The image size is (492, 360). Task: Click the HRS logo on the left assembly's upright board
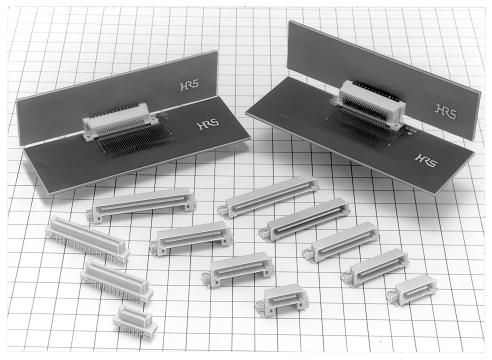[x=189, y=85]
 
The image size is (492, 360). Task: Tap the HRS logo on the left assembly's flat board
[x=208, y=124]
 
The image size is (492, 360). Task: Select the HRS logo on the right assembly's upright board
[x=446, y=111]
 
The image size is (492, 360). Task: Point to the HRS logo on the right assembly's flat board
[x=427, y=160]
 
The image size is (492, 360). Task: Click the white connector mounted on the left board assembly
[x=120, y=121]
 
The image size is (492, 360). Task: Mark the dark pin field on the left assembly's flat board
[x=133, y=143]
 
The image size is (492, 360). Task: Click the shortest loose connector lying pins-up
[x=135, y=321]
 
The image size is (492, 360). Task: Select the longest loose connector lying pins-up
[x=87, y=239]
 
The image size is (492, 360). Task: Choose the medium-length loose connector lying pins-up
[x=117, y=281]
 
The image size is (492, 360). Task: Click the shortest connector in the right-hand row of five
[x=412, y=290]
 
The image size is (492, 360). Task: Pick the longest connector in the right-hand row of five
[x=268, y=197]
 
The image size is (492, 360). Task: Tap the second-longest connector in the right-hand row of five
[x=305, y=219]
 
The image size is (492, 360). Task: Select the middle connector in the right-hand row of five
[x=341, y=241]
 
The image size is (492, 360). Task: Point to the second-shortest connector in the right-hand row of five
[x=375, y=267]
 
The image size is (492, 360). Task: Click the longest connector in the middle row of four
[x=141, y=205]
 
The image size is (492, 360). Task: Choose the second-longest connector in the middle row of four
[x=191, y=238]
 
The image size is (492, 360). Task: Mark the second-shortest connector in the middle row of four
[x=238, y=269]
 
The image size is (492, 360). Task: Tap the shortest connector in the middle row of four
[x=282, y=300]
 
